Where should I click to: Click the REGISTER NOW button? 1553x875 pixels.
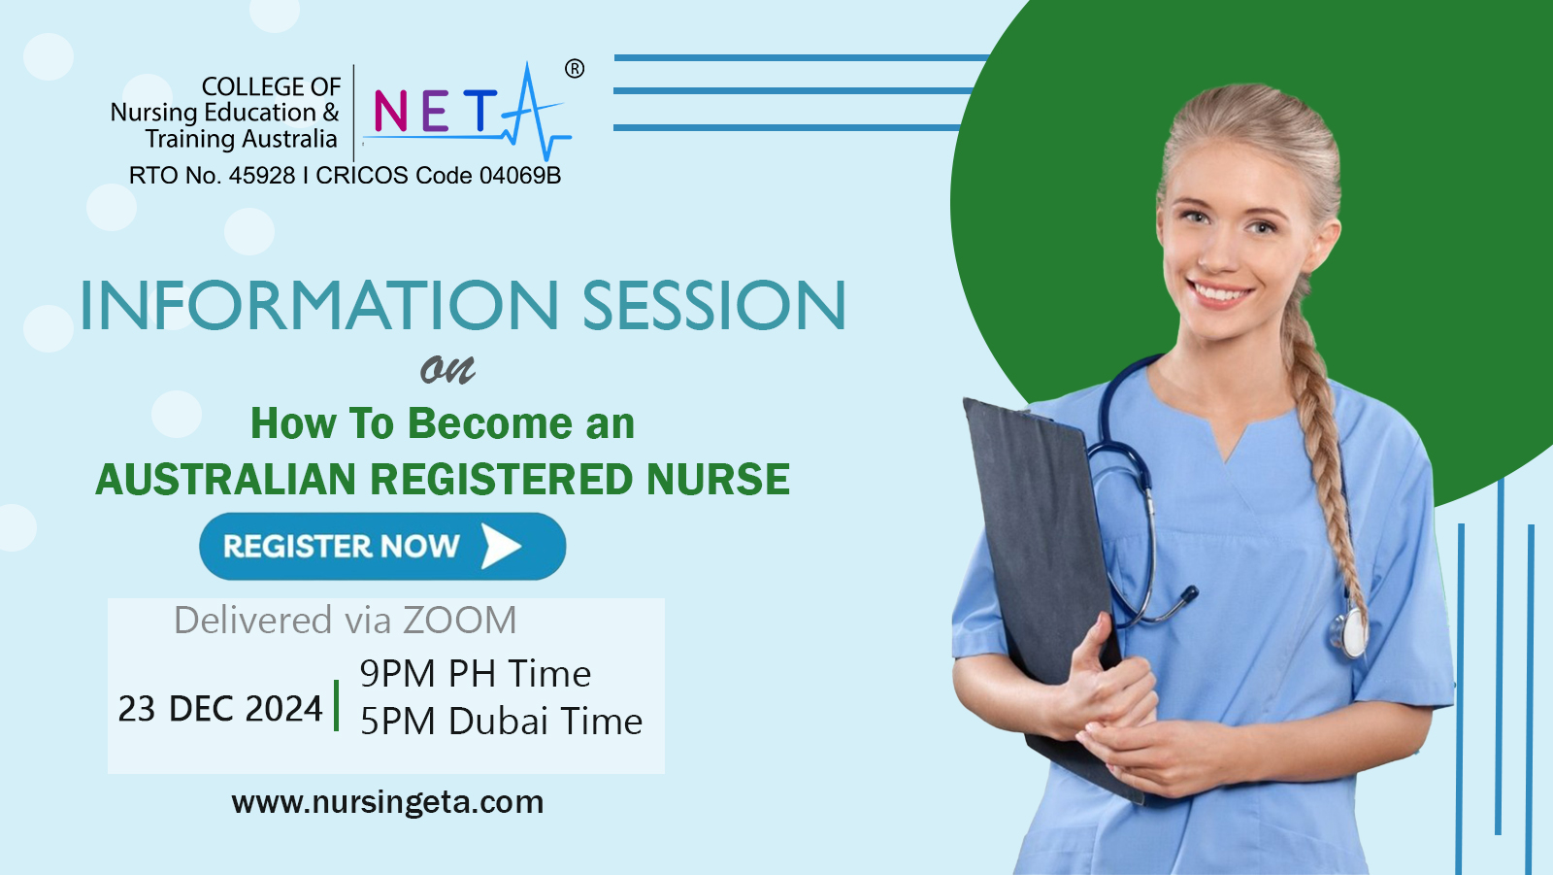click(381, 547)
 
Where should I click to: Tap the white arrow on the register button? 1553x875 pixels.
click(501, 547)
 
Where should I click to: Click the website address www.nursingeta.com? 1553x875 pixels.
click(387, 802)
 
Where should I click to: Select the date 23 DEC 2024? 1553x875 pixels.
click(220, 709)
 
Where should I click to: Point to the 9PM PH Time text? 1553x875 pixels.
click(475, 674)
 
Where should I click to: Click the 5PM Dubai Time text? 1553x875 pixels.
click(501, 722)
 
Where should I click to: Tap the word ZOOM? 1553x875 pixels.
click(459, 621)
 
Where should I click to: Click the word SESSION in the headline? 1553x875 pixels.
click(714, 306)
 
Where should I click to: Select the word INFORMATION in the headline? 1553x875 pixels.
click(319, 306)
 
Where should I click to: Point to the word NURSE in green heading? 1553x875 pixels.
click(718, 480)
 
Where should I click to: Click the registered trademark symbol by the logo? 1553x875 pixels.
click(575, 69)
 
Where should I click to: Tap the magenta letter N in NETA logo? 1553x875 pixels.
click(390, 112)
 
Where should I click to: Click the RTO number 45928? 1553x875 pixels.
click(262, 176)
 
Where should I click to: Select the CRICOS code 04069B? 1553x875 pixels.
click(520, 176)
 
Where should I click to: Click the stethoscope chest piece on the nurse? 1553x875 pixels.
click(1352, 632)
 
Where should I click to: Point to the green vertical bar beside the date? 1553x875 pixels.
click(337, 705)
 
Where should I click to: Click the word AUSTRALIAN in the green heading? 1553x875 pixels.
click(226, 480)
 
